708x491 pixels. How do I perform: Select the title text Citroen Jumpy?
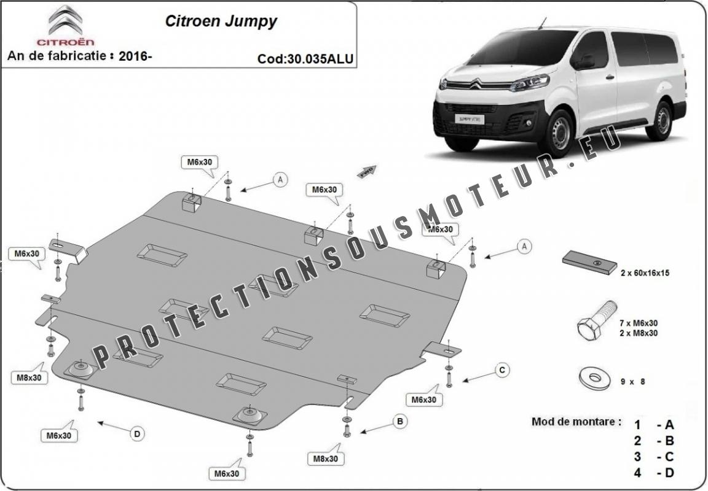pos(221,21)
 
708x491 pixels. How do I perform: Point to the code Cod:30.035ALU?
pos(305,59)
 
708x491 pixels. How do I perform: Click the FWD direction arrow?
pos(368,171)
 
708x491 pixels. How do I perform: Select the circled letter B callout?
pos(399,422)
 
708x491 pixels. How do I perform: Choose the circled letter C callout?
pos(502,369)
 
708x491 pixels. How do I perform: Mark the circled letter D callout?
pos(137,434)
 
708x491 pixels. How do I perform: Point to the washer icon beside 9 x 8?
pos(594,377)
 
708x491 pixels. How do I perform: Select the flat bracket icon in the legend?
pos(590,263)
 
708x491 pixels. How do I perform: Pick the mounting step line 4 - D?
pos(654,473)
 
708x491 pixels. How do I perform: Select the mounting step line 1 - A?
pos(654,424)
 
